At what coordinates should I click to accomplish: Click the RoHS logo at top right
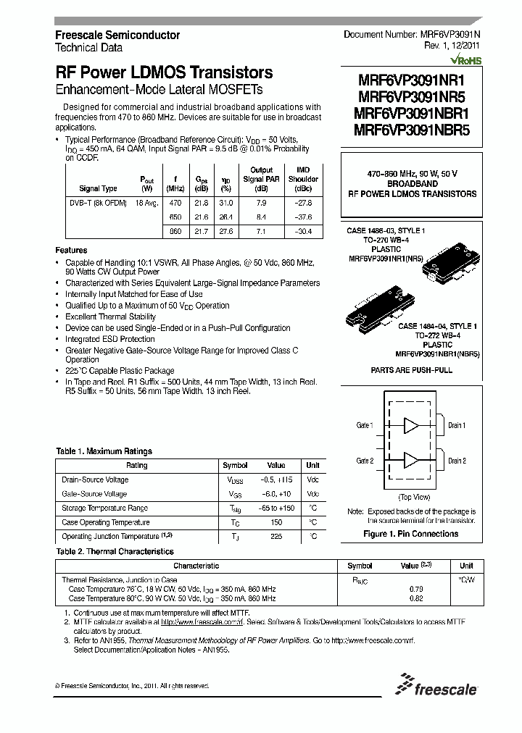click(465, 62)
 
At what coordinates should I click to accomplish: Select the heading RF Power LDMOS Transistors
click(164, 72)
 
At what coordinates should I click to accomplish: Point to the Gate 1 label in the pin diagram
click(365, 425)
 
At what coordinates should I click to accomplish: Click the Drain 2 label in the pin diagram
click(457, 461)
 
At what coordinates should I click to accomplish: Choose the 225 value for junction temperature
click(276, 536)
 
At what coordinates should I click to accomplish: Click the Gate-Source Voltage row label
click(95, 494)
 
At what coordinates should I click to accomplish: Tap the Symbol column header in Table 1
click(235, 466)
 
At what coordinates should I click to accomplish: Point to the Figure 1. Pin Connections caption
click(410, 534)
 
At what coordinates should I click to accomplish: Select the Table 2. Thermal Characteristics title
click(115, 552)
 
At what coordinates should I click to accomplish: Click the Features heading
click(71, 249)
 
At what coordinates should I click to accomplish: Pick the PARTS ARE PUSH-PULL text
click(410, 370)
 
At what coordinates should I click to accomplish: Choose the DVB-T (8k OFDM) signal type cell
click(88, 204)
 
